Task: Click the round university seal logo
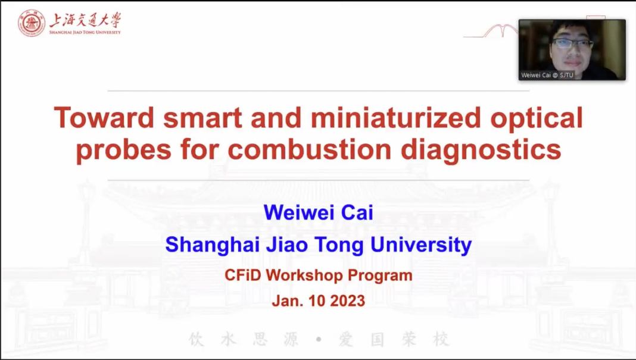point(32,23)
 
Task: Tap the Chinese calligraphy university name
point(85,20)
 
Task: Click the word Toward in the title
point(104,118)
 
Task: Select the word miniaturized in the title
point(396,118)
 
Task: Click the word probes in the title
point(123,150)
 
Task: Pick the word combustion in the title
point(310,149)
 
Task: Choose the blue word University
point(422,245)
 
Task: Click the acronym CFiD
point(243,276)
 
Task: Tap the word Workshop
point(305,276)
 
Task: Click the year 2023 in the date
point(347,301)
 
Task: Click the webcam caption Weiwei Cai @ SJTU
point(547,75)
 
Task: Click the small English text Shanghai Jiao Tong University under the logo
point(85,32)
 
